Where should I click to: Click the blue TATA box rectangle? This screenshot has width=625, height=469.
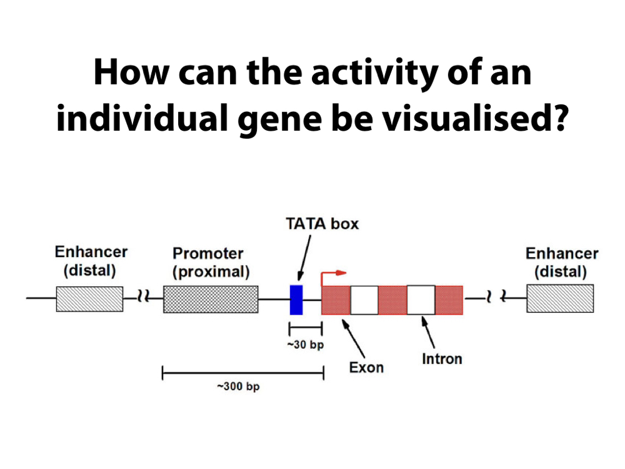point(296,299)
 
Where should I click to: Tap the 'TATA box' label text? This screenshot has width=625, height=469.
point(322,223)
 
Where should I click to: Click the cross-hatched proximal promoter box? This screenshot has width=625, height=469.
point(211,299)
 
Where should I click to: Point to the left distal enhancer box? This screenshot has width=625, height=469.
point(89,299)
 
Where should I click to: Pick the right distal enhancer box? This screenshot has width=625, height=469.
point(560,299)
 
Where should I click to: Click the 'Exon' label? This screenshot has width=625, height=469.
point(366,367)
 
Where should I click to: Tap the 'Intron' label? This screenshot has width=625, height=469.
point(442,359)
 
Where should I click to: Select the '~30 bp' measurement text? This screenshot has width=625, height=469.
point(305,345)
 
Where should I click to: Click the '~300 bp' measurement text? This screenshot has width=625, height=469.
point(238,386)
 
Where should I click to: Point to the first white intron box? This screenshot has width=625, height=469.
point(364,300)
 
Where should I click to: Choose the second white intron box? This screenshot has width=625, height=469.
point(421,300)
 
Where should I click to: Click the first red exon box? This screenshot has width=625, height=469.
point(336,300)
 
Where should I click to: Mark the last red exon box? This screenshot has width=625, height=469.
point(449,300)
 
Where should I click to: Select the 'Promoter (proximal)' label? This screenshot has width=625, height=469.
point(211,263)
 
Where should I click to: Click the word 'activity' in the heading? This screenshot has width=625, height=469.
point(371,73)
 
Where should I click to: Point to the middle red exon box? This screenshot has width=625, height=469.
point(392,300)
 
